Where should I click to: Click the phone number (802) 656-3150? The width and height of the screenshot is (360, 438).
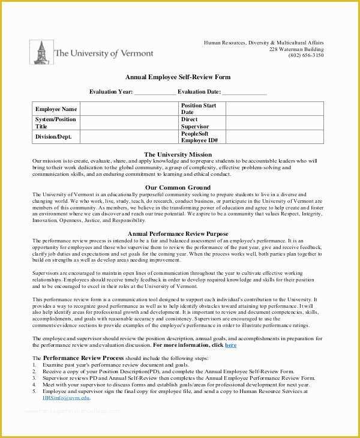point(305,55)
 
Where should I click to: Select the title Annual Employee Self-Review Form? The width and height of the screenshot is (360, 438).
point(178,77)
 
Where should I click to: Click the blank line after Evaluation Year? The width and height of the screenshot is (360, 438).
point(155,92)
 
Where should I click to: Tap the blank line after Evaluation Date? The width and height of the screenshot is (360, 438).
point(245,92)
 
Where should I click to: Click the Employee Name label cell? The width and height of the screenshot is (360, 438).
point(56,109)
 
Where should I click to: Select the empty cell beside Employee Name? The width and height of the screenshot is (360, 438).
point(129,109)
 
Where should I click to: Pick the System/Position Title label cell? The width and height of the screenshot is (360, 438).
point(56,123)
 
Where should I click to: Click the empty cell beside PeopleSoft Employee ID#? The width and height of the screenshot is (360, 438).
point(274,137)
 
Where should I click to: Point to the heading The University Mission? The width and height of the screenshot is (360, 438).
point(178,155)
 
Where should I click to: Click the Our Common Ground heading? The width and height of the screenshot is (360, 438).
point(178,188)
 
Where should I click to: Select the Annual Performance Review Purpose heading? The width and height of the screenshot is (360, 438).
point(178,233)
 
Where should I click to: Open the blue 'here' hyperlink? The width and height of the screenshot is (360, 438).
point(230,346)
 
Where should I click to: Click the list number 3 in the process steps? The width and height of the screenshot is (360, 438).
point(34,378)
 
